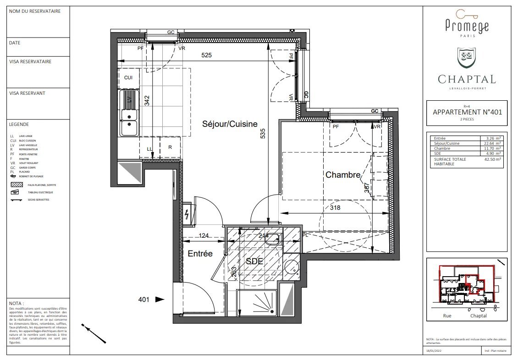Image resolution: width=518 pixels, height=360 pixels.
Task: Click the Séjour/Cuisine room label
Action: (x=230, y=124)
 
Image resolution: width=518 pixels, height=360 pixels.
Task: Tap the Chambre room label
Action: (x=343, y=175)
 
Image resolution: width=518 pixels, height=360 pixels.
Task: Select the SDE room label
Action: (x=254, y=261)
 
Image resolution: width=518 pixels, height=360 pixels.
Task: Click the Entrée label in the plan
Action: (x=200, y=253)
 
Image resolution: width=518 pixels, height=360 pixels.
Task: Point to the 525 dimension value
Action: (x=206, y=55)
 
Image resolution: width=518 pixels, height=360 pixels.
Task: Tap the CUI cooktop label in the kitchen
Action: (x=128, y=77)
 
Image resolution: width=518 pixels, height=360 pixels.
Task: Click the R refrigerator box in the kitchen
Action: (x=170, y=147)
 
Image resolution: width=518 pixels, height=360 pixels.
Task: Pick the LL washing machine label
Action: (x=149, y=149)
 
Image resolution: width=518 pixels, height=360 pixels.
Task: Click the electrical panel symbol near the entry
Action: (x=187, y=214)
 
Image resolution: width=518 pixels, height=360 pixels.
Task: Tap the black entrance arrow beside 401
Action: (x=160, y=300)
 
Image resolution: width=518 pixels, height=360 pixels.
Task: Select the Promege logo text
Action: (x=467, y=27)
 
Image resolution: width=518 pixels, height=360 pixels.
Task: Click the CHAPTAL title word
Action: (x=467, y=79)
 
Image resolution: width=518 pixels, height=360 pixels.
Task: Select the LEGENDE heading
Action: (x=19, y=124)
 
